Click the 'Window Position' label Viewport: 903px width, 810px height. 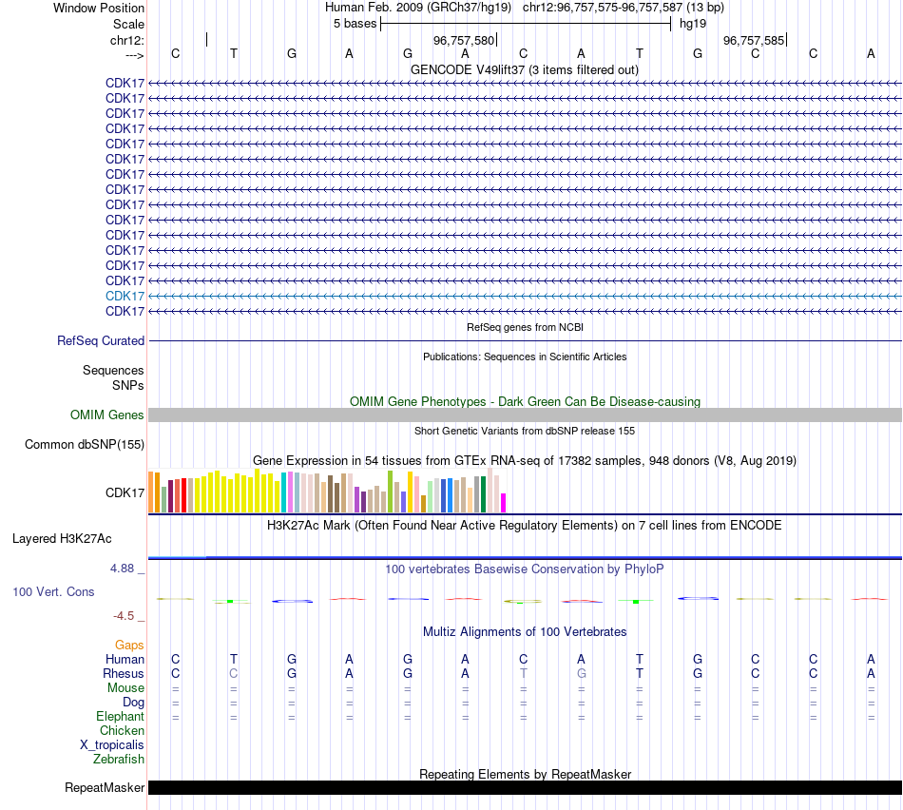[99, 8]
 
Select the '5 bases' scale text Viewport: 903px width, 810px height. [355, 23]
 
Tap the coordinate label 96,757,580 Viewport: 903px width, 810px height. [464, 41]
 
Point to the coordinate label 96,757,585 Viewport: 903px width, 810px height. [754, 41]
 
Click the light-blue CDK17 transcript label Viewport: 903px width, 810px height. [125, 296]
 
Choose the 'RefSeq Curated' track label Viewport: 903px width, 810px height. [101, 340]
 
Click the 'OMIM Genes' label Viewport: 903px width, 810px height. [107, 415]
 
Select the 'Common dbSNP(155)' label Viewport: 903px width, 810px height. [85, 444]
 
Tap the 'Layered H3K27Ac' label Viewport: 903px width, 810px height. [62, 538]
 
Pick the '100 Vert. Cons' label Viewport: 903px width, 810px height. [53, 591]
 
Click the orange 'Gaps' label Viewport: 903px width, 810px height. [129, 645]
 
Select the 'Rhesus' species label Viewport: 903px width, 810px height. [124, 673]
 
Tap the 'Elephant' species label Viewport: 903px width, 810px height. [120, 716]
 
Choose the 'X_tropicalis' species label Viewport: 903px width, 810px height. [112, 744]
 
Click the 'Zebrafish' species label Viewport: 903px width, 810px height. [119, 759]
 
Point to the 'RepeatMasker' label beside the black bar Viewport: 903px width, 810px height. [105, 787]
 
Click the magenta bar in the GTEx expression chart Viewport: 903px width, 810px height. [504, 503]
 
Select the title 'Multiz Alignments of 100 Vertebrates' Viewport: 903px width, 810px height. [525, 631]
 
